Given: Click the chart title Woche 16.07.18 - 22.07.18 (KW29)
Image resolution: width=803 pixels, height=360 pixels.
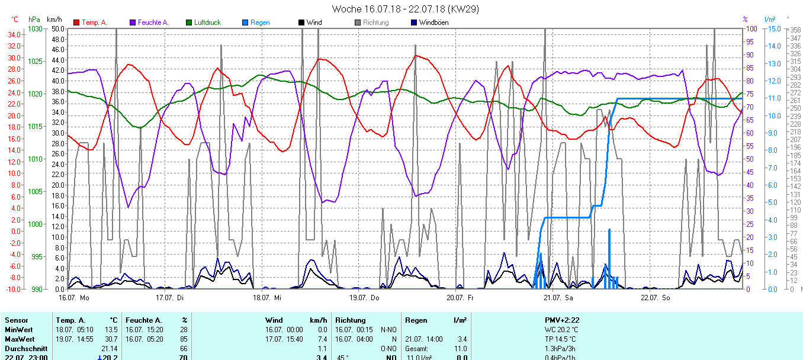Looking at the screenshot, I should point(405,9).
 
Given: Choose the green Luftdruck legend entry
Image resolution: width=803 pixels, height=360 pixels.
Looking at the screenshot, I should point(207,22).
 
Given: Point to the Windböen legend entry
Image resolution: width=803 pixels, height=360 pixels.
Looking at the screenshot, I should point(433,22).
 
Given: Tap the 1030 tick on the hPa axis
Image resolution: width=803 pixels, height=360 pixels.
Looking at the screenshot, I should point(36,28).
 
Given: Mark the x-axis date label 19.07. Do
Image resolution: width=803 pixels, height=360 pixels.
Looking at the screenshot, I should point(364,297).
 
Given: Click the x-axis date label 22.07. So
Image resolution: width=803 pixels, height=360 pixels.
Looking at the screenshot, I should point(656,297).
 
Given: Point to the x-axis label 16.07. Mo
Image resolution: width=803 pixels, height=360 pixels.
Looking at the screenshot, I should point(73,297).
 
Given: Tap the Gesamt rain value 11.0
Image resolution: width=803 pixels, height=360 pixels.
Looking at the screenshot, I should point(461,349).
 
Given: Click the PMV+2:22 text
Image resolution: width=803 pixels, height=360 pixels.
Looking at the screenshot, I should point(562,320).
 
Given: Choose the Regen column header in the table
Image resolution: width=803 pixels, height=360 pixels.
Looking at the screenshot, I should point(416,320).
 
